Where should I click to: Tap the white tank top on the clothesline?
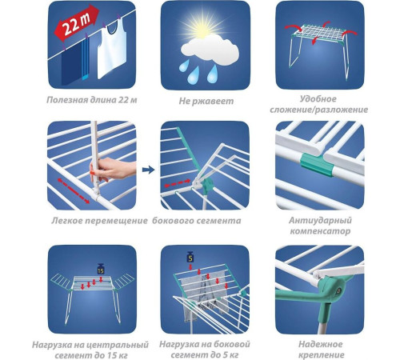tap(112, 50)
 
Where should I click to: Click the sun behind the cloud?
tap(204, 26)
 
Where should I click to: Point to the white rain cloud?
tap(210, 50)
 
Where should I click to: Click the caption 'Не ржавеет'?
tap(206, 101)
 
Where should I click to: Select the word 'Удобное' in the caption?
tap(318, 99)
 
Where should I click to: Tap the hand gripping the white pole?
tap(110, 170)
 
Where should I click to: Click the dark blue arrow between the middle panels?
tap(148, 170)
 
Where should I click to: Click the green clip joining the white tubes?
tap(317, 164)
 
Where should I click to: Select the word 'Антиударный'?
tap(320, 221)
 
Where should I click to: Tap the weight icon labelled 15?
tap(101, 269)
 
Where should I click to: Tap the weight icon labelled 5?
tap(190, 256)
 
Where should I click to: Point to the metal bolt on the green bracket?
tap(338, 290)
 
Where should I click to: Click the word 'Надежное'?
tap(320, 344)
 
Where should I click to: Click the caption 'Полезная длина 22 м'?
tap(92, 100)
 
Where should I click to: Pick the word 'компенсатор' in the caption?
tap(320, 231)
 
